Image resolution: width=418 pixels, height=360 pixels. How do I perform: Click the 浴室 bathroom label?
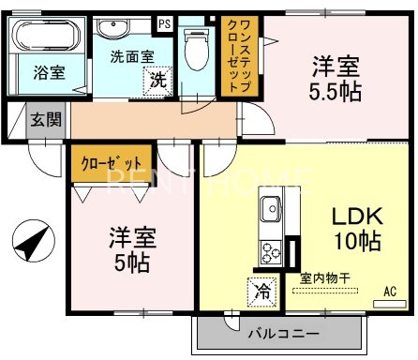[x=51, y=72]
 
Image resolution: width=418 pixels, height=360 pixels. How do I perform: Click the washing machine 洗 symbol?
[x=159, y=81]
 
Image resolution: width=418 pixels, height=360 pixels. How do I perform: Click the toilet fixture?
[x=197, y=43]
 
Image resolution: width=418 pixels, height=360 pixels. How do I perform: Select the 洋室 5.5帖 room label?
[x=335, y=79]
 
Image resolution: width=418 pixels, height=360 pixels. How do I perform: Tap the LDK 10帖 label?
[x=356, y=228]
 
